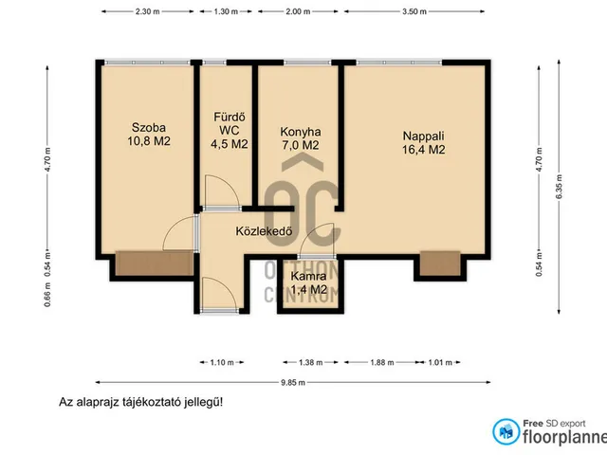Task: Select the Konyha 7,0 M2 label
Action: point(300,138)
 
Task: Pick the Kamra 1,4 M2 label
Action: point(308,282)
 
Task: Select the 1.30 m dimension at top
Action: point(228,12)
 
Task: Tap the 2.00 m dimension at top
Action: point(298,12)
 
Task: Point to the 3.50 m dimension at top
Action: point(414,12)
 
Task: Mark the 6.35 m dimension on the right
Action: point(567,177)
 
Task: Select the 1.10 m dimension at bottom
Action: point(218,362)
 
